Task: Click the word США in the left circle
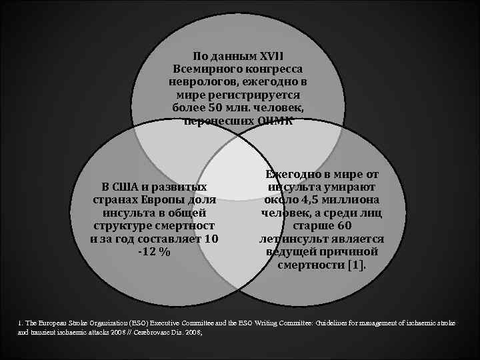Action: click(x=133, y=187)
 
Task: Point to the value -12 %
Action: click(x=154, y=252)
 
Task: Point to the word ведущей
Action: click(x=291, y=251)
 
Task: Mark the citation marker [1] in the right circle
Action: click(x=357, y=265)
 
